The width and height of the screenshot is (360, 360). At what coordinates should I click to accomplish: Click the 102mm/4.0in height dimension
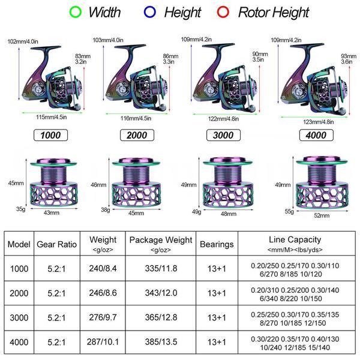(x=22, y=41)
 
